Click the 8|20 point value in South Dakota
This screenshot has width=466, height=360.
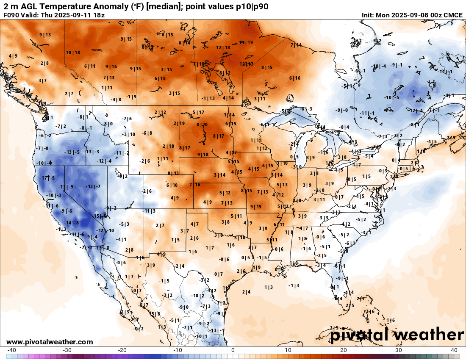[x=202, y=125]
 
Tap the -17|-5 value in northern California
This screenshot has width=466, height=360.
[x=47, y=178]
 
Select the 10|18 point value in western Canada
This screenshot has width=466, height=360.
[x=73, y=53]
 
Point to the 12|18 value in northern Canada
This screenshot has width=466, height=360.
[x=223, y=47]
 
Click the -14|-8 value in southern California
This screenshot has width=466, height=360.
[x=72, y=223]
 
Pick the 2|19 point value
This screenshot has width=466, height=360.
[x=179, y=123]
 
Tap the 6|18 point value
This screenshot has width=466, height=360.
[x=160, y=78]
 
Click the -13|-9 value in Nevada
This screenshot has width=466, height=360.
[x=66, y=187]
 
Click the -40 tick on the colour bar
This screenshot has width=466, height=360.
[x=12, y=350]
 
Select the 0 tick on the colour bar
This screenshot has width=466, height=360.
[x=233, y=350]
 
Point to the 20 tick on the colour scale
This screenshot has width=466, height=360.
[x=344, y=350]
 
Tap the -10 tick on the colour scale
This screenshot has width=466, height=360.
[x=178, y=350]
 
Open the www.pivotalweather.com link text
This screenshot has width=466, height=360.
[x=50, y=342]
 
